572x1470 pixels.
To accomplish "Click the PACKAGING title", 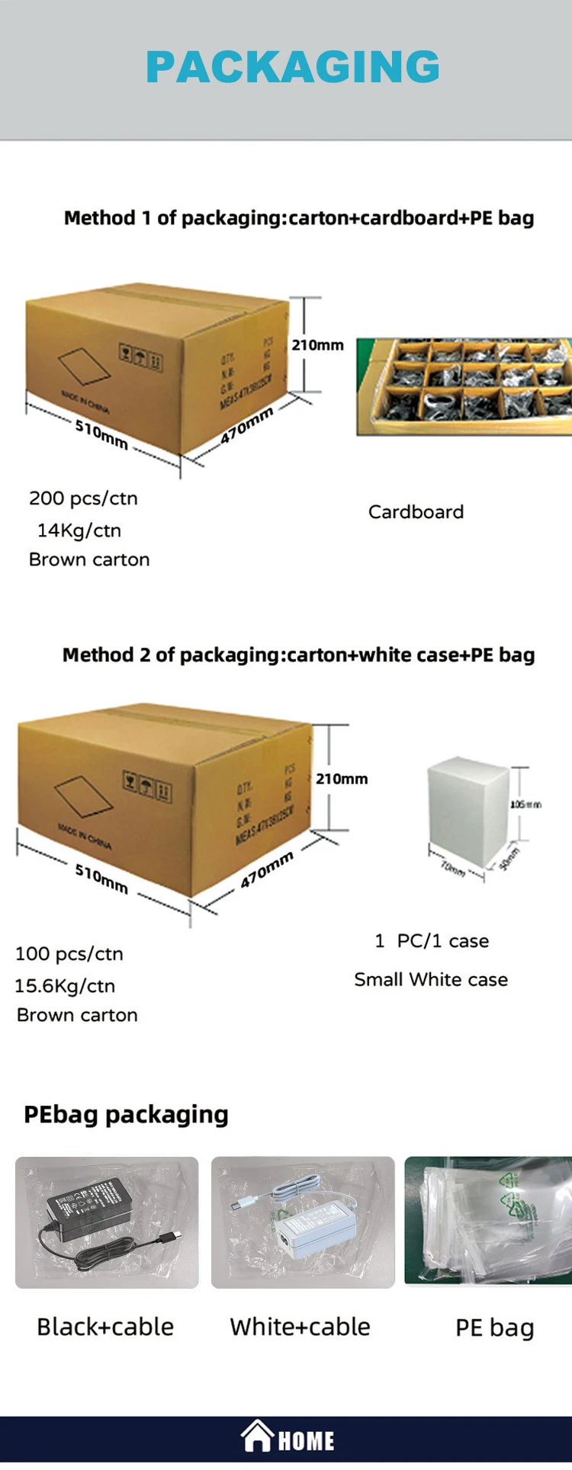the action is pos(293,67).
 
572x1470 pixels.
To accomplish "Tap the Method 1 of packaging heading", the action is pos(298,218).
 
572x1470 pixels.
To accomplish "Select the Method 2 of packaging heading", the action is pos(298,655).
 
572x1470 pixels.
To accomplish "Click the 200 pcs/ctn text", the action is pos(83,498).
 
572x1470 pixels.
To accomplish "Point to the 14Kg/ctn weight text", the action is pos(79,530).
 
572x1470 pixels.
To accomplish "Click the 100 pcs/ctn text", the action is pos(69,954).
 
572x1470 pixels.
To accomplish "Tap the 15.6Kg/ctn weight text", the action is pos(65,986).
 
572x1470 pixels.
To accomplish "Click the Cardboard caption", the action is pos(416,512).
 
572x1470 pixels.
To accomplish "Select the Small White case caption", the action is pos(431,980).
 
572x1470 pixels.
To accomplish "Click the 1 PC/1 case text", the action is pos(432,941).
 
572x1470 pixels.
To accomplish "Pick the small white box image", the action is pos(468,812).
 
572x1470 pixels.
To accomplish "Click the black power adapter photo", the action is pos(107,1222).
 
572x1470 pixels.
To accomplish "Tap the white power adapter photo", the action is pos(303,1222).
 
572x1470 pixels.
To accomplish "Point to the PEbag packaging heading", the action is pos(126,1115).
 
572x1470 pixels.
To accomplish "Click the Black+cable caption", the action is pos(105,1327).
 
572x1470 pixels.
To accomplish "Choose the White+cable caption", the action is pos(300,1327).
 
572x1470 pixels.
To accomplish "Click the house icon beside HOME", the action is pos(257,1436).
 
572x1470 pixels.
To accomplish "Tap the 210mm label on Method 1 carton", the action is pos(317,345).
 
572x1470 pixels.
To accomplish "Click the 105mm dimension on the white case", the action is pos(525,805).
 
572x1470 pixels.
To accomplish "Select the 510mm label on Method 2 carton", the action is pos(101,879).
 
